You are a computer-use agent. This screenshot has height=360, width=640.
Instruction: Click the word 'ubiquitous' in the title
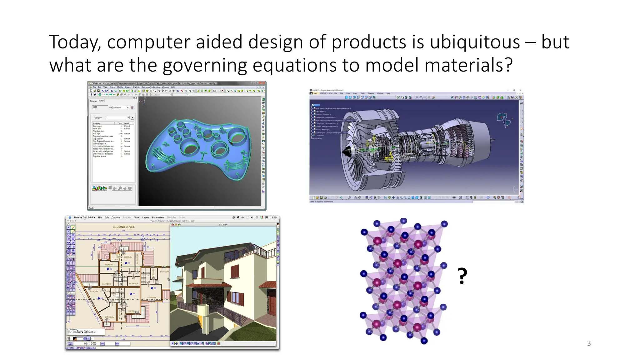click(475, 42)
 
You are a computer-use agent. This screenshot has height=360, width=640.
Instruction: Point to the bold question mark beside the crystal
click(462, 276)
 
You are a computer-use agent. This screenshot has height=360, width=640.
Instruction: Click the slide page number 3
click(589, 343)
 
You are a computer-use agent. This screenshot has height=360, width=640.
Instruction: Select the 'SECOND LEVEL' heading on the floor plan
click(123, 227)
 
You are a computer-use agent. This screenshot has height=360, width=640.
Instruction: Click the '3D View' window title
click(223, 224)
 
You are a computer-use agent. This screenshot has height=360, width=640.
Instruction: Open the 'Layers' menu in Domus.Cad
click(146, 217)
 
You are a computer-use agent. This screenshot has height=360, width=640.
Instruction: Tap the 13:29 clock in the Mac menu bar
click(273, 217)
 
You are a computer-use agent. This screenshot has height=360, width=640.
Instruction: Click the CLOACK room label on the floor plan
click(115, 259)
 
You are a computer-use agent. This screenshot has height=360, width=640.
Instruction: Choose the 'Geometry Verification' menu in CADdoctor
click(151, 87)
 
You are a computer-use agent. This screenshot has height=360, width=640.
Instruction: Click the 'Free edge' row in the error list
click(97, 134)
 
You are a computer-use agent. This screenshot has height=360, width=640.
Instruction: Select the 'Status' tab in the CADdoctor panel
click(101, 101)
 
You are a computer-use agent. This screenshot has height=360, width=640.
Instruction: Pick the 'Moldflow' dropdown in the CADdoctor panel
click(121, 107)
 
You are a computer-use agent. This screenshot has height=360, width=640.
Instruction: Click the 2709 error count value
click(120, 134)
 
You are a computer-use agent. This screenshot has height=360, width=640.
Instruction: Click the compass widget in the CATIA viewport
click(503, 119)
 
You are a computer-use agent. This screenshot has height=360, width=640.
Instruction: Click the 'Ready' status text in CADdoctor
click(91, 208)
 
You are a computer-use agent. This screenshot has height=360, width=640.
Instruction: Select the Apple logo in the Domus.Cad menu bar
click(70, 217)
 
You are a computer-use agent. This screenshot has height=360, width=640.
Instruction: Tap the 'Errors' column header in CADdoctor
click(120, 123)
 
